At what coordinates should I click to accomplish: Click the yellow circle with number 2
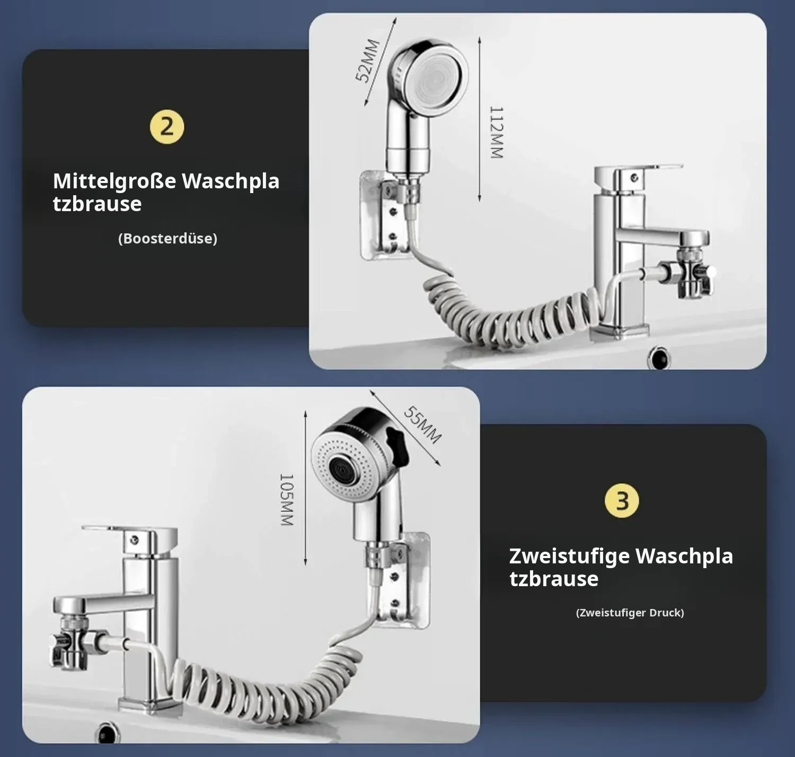(x=167, y=127)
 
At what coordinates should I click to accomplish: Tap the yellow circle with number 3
(x=622, y=501)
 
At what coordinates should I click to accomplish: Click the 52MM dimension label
(x=368, y=60)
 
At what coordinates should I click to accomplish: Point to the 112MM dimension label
(x=496, y=133)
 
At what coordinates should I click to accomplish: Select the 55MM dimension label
(x=422, y=424)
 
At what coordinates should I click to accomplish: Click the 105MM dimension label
(x=286, y=500)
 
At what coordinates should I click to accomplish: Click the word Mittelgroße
(x=114, y=181)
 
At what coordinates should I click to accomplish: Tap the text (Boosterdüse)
(x=168, y=238)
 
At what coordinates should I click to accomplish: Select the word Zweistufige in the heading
(x=570, y=556)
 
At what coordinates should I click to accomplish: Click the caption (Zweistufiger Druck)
(x=630, y=613)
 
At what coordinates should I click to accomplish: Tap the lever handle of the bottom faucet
(x=129, y=532)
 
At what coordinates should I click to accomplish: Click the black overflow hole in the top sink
(x=658, y=358)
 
